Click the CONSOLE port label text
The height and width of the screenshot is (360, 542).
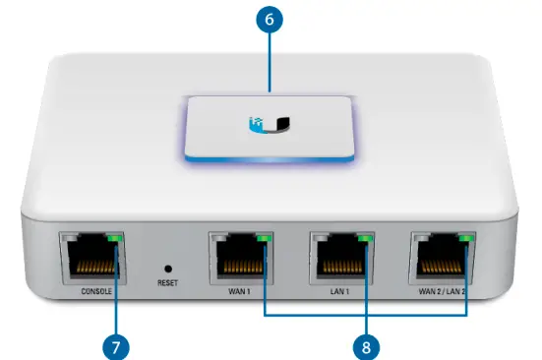[91, 290]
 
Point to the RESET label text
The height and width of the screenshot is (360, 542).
[167, 283]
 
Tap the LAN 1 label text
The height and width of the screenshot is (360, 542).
[340, 290]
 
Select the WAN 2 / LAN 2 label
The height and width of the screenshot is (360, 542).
[441, 290]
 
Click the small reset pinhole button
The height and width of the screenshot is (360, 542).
[167, 267]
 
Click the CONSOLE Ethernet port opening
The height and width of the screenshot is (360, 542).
[91, 259]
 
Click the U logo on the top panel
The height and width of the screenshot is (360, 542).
[271, 124]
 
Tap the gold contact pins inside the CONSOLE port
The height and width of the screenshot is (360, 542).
[91, 268]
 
